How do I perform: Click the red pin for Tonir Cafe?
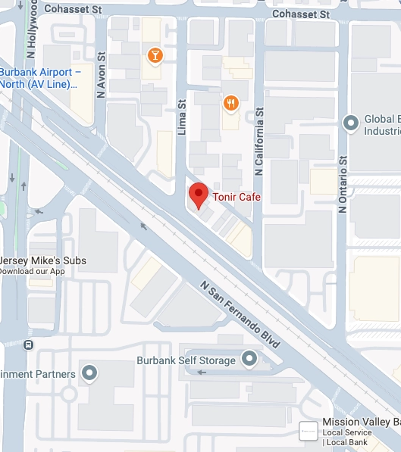198,195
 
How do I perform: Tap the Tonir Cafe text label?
236,197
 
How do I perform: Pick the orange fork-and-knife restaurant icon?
231,102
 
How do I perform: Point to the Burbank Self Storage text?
186,360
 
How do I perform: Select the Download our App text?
32,271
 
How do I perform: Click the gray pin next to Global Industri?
350,121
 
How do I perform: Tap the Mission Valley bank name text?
361,422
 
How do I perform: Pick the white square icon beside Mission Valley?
308,430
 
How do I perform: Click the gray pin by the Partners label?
89,373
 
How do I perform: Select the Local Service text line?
346,432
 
